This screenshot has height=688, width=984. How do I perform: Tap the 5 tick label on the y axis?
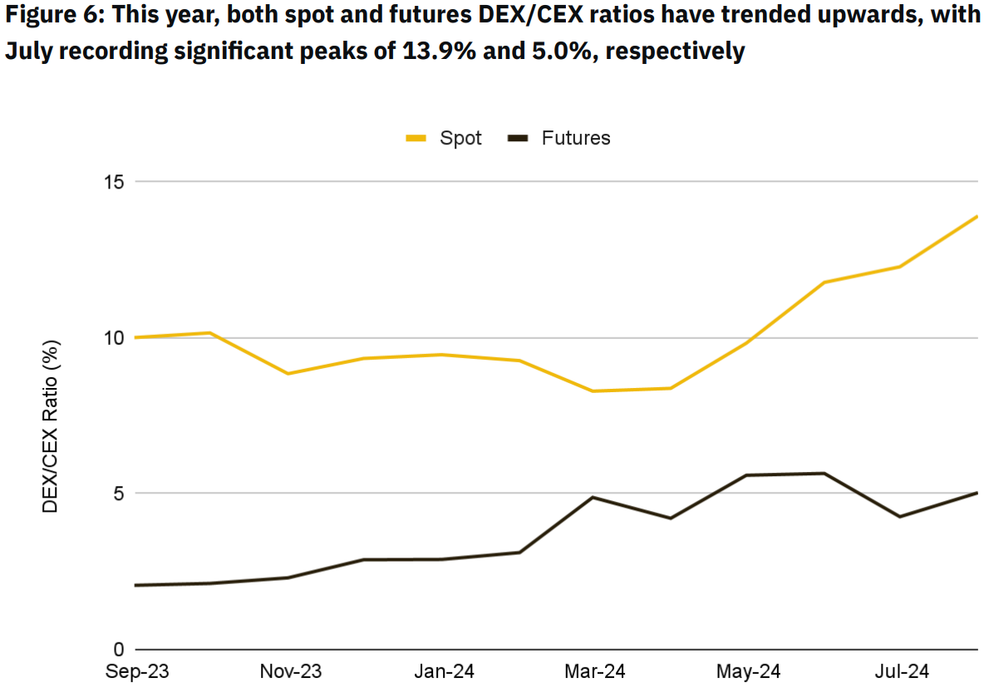coord(118,494)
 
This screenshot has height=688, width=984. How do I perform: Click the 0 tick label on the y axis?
coord(118,650)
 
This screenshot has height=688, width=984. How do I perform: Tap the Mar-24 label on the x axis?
coord(595,671)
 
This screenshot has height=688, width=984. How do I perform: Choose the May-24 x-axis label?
coord(748,671)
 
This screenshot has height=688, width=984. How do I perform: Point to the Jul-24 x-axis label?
coord(900,671)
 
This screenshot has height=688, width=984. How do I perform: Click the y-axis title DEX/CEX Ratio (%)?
coord(51,425)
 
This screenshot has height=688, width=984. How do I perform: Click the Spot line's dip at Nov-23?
coord(288,374)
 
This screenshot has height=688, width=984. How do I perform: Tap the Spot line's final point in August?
coord(977,216)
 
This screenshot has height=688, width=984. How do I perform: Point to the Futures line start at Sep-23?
coord(136,585)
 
